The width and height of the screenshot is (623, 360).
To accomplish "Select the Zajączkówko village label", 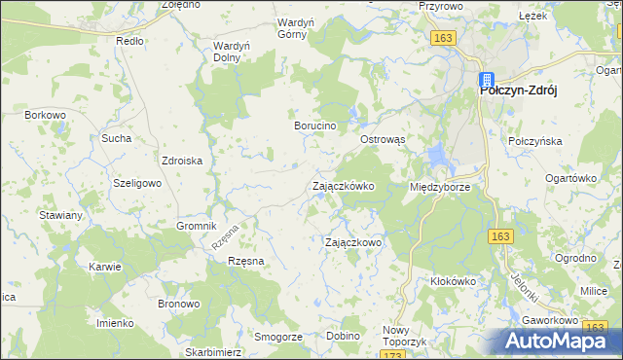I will coord(343,185).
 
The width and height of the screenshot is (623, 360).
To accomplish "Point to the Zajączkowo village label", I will coord(352,242).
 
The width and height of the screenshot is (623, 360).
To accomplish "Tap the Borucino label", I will coord(315,126).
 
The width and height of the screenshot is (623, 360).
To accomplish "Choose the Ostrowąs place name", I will coord(383,140).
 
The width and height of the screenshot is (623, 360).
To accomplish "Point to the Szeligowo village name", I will coord(136,183).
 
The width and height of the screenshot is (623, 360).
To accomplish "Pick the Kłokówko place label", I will coord(453,281).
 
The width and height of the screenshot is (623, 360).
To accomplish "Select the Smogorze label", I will coord(276,336).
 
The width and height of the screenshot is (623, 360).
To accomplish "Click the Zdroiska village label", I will coord(182,162).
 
